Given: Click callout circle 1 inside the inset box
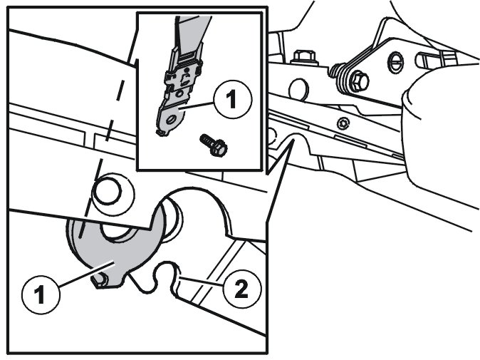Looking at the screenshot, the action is [x=233, y=100].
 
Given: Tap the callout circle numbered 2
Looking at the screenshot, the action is [x=242, y=289].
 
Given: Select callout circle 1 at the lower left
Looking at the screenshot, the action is [x=41, y=294].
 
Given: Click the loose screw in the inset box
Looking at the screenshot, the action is [x=214, y=145].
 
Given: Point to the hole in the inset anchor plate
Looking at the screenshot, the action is [x=171, y=118].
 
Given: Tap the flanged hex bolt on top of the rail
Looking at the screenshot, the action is [x=305, y=57].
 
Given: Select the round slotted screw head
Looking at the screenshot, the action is [x=395, y=63].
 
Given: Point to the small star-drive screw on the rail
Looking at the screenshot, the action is [x=343, y=124].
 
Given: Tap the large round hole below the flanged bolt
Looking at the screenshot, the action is [x=298, y=89].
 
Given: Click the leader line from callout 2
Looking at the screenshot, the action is [x=201, y=282].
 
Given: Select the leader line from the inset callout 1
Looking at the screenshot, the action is [x=197, y=106].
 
